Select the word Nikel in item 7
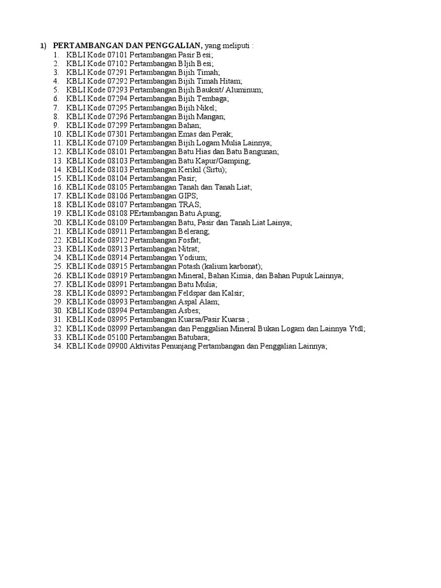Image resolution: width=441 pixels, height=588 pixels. pyautogui.click(x=206, y=107)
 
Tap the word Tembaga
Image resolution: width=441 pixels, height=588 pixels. pyautogui.click(x=212, y=99)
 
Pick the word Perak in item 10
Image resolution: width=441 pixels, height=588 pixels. pyautogui.click(x=221, y=134)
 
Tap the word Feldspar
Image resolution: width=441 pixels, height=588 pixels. pyautogui.click(x=194, y=293)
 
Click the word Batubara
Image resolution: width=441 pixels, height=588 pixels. pyautogui.click(x=194, y=338)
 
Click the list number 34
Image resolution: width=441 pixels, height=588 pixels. pyautogui.click(x=57, y=346)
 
